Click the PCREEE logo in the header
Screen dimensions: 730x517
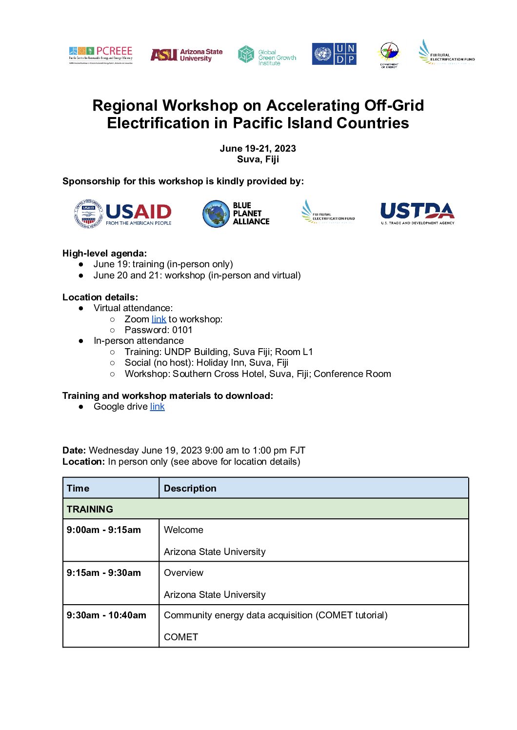tap(100, 55)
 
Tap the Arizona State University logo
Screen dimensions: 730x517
tap(186, 55)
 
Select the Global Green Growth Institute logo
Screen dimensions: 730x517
tap(267, 56)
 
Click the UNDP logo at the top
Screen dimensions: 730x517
tap(334, 54)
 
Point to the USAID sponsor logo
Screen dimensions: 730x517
tap(123, 214)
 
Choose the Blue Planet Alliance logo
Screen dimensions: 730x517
tap(236, 214)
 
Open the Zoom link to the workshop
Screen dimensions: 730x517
tap(159, 319)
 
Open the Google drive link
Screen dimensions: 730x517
tap(157, 407)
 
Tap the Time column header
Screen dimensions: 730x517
tap(78, 489)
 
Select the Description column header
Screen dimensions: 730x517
tap(190, 489)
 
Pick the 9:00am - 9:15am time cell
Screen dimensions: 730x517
tap(103, 530)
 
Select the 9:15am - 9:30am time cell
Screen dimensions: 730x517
tap(103, 573)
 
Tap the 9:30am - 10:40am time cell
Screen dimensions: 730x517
tap(106, 615)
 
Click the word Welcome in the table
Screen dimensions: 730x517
tap(183, 530)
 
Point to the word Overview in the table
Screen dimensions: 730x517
tap(183, 573)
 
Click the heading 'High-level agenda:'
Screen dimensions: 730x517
tap(104, 254)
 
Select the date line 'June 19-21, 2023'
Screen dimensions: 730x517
tap(258, 149)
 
